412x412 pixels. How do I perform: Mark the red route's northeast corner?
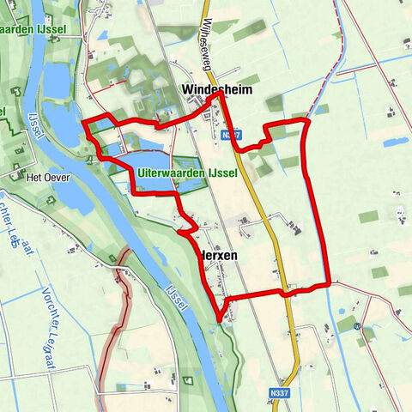pyautogui.click(x=306, y=122)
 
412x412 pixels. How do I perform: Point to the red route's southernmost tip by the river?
pyautogui.click(x=220, y=321)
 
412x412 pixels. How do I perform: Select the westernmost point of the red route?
pyautogui.click(x=83, y=124)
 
